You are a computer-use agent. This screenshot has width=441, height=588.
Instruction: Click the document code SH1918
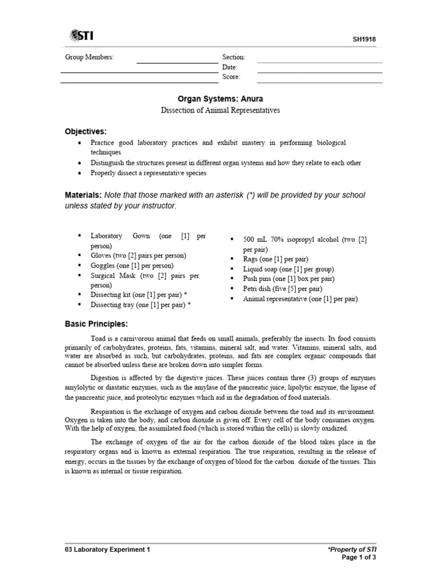[x=364, y=40]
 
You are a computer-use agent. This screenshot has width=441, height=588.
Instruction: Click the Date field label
[x=230, y=67]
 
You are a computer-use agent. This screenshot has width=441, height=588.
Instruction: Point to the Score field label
[x=231, y=77]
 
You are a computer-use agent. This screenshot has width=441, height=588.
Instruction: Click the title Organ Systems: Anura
[x=220, y=99]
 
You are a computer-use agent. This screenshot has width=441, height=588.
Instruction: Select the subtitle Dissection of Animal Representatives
[x=220, y=110]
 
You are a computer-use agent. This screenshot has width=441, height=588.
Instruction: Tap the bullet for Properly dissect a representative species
[x=78, y=173]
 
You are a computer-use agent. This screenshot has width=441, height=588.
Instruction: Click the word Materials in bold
[x=83, y=195]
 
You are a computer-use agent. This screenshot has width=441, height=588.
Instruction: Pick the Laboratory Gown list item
[x=148, y=240]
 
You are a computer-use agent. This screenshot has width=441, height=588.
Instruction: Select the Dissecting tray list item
[x=140, y=305]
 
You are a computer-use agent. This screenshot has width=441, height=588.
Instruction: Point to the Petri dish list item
[x=282, y=289]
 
